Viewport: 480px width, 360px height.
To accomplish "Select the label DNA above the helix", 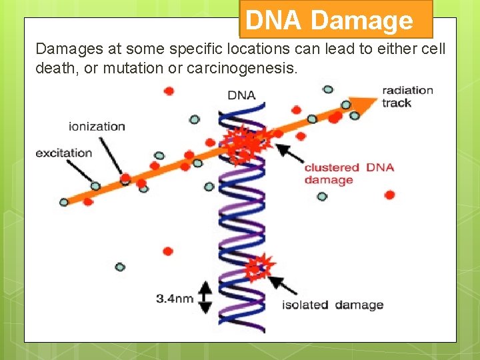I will tap(241, 95).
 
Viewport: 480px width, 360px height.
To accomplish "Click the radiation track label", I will tap(407, 96).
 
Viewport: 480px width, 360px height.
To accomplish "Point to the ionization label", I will tap(97, 126).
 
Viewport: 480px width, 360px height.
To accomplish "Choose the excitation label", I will tap(64, 153).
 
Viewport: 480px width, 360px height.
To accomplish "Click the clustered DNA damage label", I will tap(349, 173).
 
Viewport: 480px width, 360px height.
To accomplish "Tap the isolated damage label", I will tap(333, 305).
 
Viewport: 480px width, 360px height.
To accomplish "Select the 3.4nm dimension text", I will tap(175, 298).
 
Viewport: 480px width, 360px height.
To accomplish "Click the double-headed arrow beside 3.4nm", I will tap(205, 297).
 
